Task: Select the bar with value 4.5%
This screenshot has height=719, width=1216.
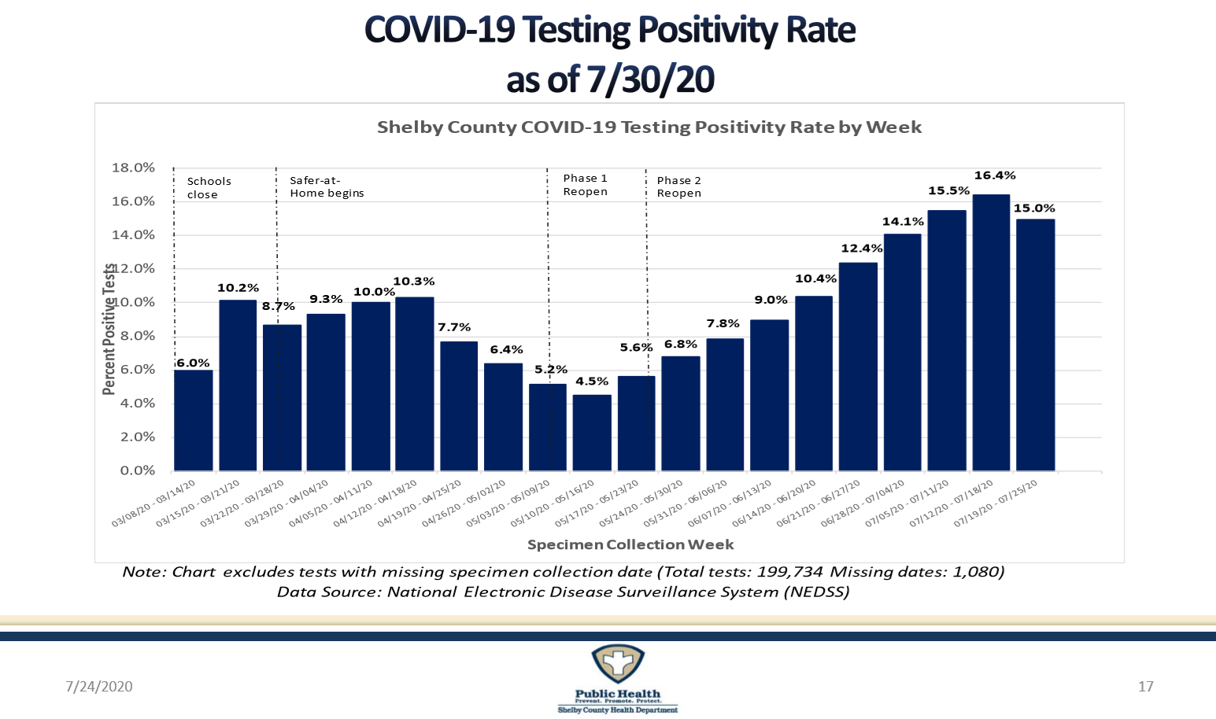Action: pos(592,433)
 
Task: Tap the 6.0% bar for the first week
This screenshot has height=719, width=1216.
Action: pos(193,420)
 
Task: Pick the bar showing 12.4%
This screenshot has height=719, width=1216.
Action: pos(858,367)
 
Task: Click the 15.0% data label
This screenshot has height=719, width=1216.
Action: pos(1034,208)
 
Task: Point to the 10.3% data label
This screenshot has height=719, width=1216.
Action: pos(414,282)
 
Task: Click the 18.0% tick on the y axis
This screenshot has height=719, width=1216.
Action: pos(134,168)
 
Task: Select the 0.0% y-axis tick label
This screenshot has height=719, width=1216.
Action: pos(137,470)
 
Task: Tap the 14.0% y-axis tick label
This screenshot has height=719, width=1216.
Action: pos(134,235)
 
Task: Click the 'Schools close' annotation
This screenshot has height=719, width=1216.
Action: pos(209,188)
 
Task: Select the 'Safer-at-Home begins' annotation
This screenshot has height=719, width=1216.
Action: pos(327,187)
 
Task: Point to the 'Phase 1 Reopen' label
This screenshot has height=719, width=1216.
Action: pos(585,185)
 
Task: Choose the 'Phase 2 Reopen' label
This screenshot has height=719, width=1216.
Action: pos(678,186)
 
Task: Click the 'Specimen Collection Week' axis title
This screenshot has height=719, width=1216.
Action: pos(630,544)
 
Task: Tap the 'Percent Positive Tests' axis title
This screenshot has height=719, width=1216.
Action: pos(109,329)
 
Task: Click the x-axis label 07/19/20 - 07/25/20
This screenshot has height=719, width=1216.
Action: pos(998,503)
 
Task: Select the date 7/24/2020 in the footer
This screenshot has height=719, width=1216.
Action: pos(98,687)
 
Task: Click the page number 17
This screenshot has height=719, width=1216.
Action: pos(1146,687)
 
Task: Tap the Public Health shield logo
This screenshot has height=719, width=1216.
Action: pos(618,665)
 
